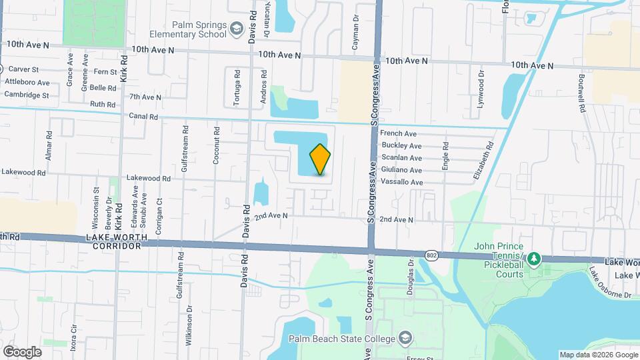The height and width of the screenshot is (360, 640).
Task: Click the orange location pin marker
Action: pyautogui.click(x=321, y=159)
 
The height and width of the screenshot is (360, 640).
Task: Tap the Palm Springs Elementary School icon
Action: pyautogui.click(x=237, y=28)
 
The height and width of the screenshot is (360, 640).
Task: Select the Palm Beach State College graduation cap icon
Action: pyautogui.click(x=403, y=338)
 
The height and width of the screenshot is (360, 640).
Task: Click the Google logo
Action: pyautogui.click(x=22, y=351)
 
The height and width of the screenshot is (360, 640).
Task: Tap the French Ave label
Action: pyautogui.click(x=398, y=134)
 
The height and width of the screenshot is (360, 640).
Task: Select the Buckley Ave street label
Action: pyautogui.click(x=401, y=146)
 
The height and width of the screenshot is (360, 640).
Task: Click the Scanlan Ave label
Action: pyautogui.click(x=401, y=158)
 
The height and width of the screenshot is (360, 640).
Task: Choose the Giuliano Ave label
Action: pyautogui.click(x=401, y=170)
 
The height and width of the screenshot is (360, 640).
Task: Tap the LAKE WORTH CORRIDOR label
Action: pyautogui.click(x=113, y=242)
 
